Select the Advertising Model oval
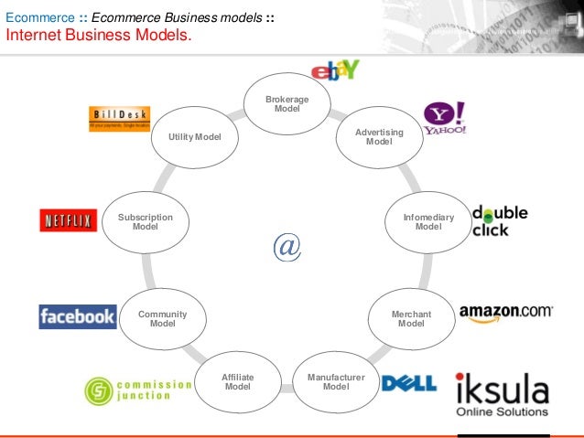point(378,137)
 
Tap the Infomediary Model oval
point(427,221)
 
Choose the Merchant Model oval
point(411,318)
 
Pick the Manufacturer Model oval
point(336,380)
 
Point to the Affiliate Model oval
point(238,380)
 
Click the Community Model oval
point(162,318)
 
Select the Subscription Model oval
point(146,221)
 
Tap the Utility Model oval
point(194,137)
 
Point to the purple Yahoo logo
point(445,118)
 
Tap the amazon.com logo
point(505,313)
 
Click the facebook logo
point(78,317)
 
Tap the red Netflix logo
point(69,221)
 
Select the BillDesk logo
point(119,118)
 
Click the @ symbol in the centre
point(287,246)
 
